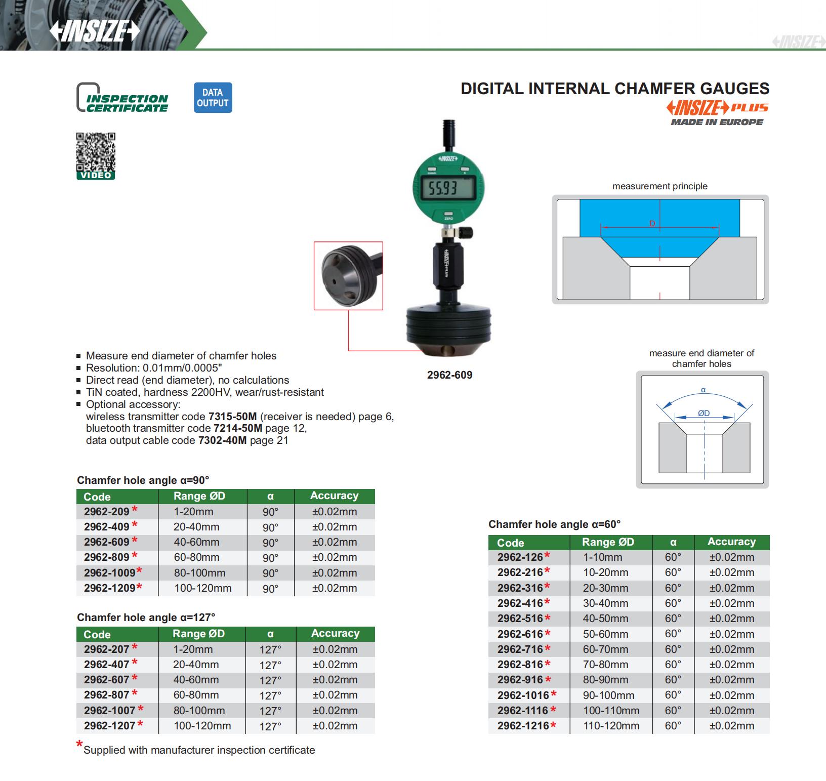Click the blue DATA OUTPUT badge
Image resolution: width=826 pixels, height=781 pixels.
213,98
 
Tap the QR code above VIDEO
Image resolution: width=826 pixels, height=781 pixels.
96,152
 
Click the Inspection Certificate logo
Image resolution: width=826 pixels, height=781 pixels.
122,98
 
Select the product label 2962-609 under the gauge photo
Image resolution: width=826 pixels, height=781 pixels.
449,375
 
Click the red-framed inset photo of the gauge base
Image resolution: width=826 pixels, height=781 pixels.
348,275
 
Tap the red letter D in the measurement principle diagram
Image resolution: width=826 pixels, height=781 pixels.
652,224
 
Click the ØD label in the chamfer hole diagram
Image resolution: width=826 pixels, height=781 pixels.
704,413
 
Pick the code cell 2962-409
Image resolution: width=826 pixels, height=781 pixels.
107,527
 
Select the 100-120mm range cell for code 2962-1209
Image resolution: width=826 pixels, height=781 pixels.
202,588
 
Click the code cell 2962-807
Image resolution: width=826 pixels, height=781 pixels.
107,695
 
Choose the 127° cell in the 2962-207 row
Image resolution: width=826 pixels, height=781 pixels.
270,649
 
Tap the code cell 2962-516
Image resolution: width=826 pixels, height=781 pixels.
520,619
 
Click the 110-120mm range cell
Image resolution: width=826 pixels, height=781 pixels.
611,726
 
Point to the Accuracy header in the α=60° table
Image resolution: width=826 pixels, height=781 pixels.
731,542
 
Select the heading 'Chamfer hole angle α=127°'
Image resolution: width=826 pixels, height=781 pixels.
146,618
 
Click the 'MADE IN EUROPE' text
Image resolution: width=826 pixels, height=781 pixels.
717,122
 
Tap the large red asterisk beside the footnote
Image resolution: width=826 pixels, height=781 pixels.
79,745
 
